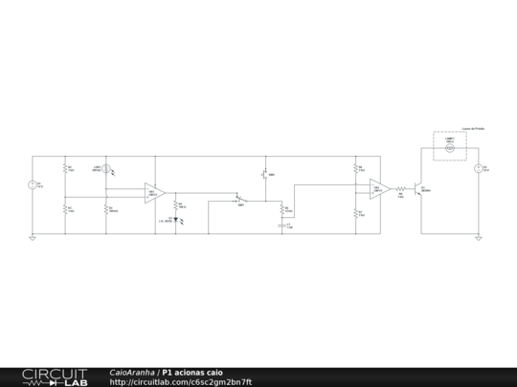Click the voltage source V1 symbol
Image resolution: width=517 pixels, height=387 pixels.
click(x=32, y=184)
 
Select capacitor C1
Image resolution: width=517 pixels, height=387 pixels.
click(x=281, y=226)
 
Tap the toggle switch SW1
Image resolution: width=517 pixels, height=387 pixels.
click(x=241, y=200)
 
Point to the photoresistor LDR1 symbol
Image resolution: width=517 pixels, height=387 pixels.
click(x=107, y=170)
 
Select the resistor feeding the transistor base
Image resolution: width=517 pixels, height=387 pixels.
click(x=401, y=189)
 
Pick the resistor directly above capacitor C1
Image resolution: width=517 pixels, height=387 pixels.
click(x=281, y=208)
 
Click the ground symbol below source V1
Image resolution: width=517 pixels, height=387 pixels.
click(x=32, y=238)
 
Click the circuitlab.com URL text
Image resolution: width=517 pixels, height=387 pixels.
click(x=181, y=382)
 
